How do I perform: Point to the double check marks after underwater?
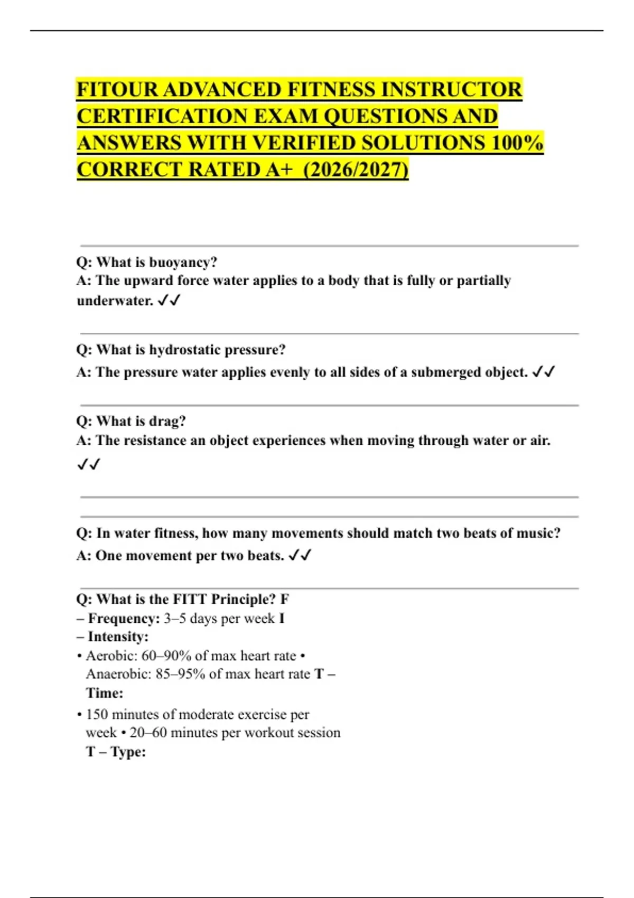point(169,301)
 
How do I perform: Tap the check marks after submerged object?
point(544,372)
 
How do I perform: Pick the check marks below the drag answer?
point(88,464)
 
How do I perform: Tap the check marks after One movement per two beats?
point(300,556)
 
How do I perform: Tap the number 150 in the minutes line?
point(97,715)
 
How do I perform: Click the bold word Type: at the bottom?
point(128,752)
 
